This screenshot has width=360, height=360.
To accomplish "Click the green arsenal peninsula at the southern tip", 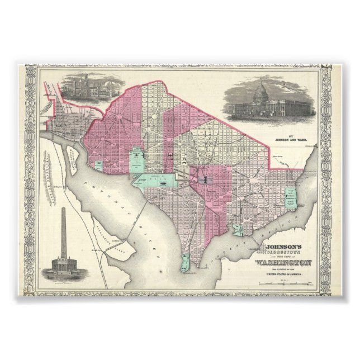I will pyautogui.click(x=183, y=262).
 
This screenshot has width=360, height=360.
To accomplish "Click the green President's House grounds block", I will pyautogui.click(x=136, y=160).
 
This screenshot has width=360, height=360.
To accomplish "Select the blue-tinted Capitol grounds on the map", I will pyautogui.click(x=202, y=179).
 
